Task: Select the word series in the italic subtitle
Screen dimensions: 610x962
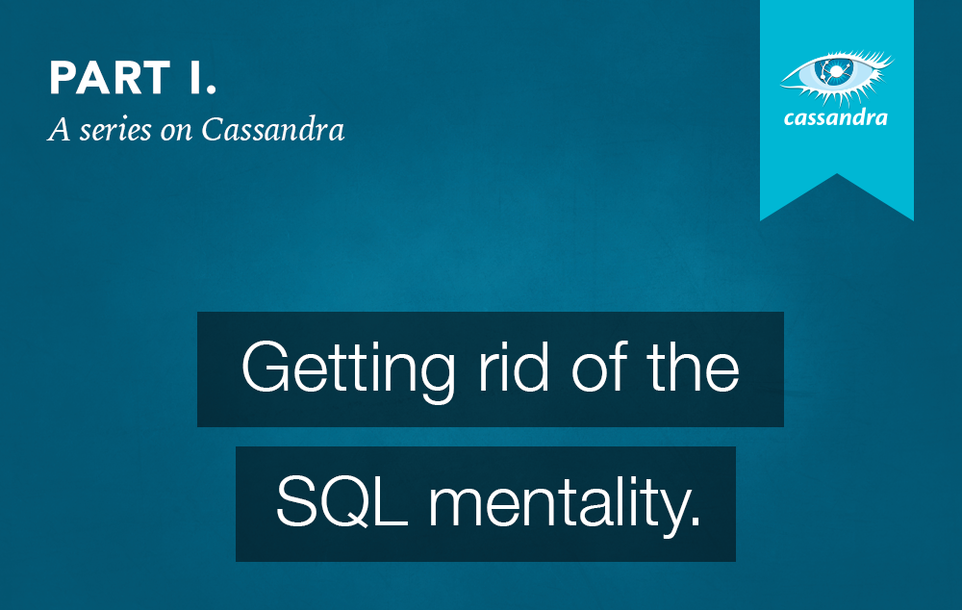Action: tap(114, 130)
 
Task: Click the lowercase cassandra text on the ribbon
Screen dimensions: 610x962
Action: tap(836, 119)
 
